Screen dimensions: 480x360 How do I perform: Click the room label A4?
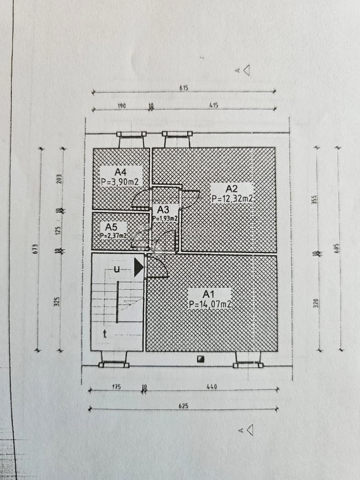click(x=121, y=172)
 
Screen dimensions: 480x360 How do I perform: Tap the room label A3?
click(x=163, y=210)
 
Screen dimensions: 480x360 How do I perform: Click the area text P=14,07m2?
click(x=210, y=304)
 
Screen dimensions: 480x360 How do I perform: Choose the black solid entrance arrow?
click(x=138, y=267)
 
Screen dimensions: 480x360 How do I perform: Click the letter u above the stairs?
click(x=116, y=269)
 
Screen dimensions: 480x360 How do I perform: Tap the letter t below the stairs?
click(x=104, y=334)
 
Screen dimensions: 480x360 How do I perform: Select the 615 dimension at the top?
click(x=184, y=88)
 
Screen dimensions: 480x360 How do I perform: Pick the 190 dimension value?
click(x=122, y=106)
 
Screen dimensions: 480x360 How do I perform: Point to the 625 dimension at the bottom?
click(x=184, y=405)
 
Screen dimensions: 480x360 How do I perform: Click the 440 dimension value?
click(x=212, y=387)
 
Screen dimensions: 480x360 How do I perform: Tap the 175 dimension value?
click(x=116, y=387)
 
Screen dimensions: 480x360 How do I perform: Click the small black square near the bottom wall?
click(x=201, y=359)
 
